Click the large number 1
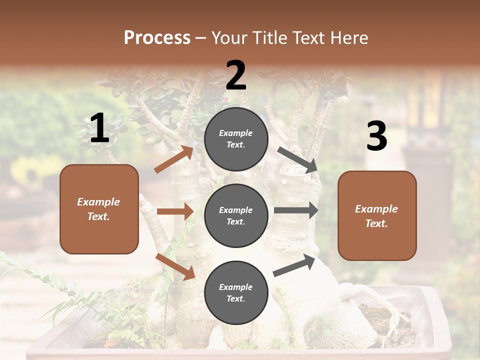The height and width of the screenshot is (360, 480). click(x=99, y=128)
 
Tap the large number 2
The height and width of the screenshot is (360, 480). click(x=236, y=75)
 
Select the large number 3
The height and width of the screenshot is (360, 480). click(x=376, y=136)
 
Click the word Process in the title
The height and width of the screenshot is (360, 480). click(x=157, y=37)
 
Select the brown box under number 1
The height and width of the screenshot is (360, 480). click(x=99, y=209)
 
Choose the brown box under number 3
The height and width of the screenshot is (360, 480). click(x=377, y=215)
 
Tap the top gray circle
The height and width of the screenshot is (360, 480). click(x=236, y=138)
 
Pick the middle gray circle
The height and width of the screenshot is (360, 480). click(x=236, y=215)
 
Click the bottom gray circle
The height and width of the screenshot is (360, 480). click(x=236, y=292)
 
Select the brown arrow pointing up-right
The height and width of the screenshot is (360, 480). click(x=174, y=159)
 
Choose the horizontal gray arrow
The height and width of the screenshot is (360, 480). click(x=296, y=210)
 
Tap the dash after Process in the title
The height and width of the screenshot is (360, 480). click(x=201, y=38)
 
